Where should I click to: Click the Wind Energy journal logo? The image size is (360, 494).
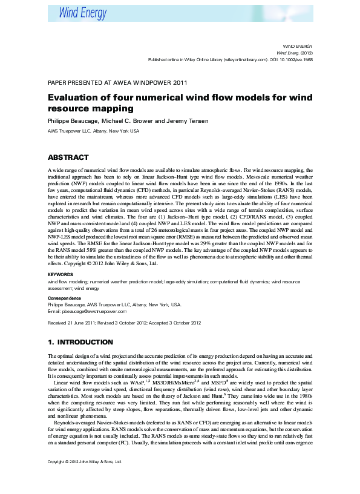click(82, 13)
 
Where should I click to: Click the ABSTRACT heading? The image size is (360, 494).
click(68, 157)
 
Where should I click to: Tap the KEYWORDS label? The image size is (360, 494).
click(61, 274)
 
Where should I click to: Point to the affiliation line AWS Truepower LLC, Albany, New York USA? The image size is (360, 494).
click(93, 131)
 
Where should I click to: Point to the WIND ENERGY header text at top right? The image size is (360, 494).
click(298, 47)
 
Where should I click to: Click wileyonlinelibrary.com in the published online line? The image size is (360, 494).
click(236, 60)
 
